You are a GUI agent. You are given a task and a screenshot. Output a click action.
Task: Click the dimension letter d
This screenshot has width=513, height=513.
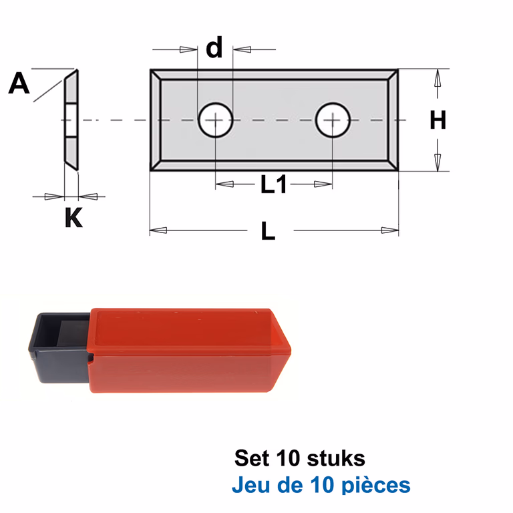tap(214, 47)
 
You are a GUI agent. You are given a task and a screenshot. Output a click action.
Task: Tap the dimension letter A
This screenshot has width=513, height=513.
tap(19, 83)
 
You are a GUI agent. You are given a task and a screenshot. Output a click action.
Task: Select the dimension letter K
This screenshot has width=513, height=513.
tap(73, 217)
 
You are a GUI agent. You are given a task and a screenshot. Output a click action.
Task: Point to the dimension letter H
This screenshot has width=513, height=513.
tap(438, 120)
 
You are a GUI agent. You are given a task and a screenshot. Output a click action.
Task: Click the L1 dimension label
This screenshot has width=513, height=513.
tap(273, 184)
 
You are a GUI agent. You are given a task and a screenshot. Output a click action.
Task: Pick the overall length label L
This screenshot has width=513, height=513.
tap(269, 230)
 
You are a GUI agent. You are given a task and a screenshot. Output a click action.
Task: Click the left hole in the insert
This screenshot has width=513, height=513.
tap(216, 120)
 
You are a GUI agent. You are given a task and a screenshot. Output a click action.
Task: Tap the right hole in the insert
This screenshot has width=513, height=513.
tap(333, 120)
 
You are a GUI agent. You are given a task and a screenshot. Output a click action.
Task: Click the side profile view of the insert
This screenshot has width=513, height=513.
tap(71, 120)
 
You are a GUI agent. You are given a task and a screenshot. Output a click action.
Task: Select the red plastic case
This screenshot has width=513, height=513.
tap(190, 350)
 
